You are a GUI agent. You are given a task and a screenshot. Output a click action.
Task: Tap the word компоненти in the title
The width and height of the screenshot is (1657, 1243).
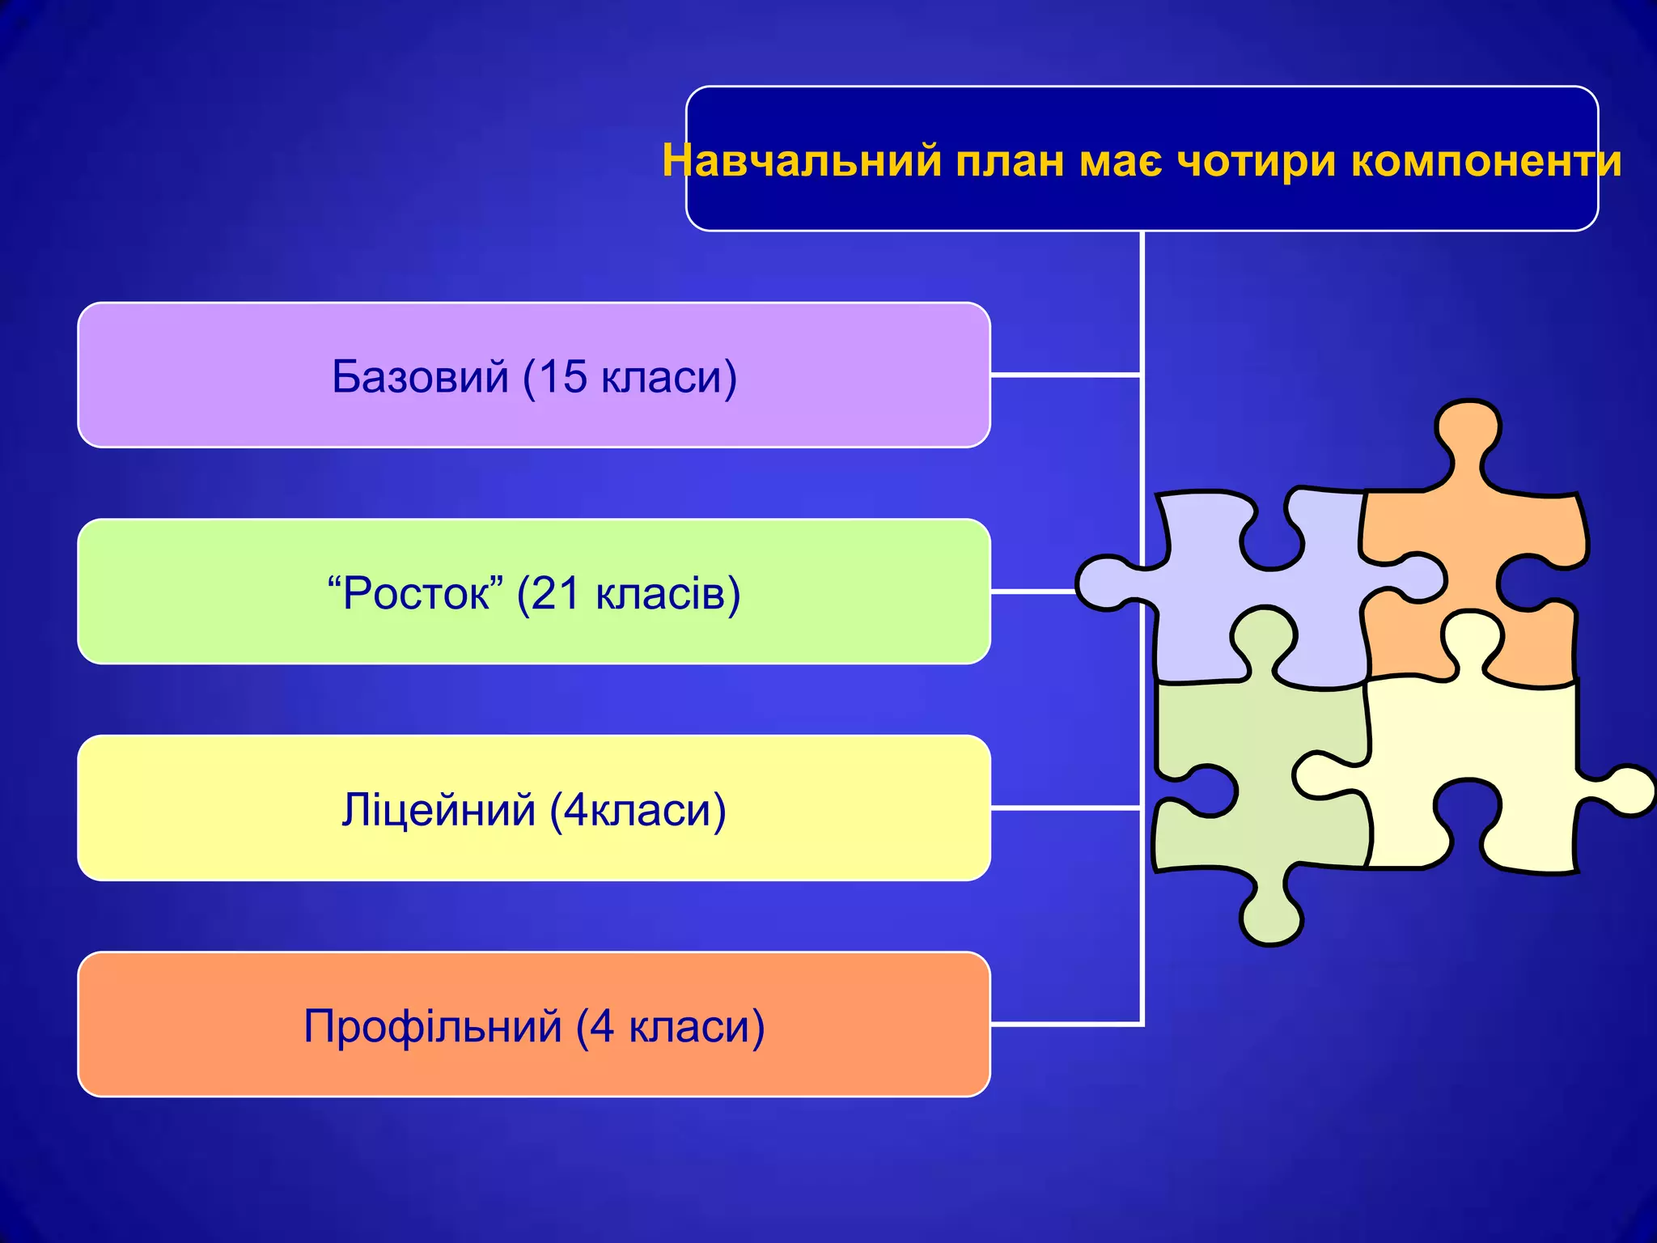click(1486, 161)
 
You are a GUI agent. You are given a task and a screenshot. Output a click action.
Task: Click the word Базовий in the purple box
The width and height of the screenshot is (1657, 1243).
click(420, 376)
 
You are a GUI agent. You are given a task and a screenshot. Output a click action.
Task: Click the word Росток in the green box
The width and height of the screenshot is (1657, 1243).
click(416, 593)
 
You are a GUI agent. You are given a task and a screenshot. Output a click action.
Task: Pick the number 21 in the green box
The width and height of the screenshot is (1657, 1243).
click(556, 593)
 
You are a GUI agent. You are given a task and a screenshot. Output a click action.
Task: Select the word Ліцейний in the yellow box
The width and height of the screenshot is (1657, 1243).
click(438, 809)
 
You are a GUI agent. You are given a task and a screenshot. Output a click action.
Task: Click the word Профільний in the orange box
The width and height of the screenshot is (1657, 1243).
click(432, 1026)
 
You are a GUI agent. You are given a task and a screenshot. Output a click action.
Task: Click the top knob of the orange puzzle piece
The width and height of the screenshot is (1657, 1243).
click(1467, 429)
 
